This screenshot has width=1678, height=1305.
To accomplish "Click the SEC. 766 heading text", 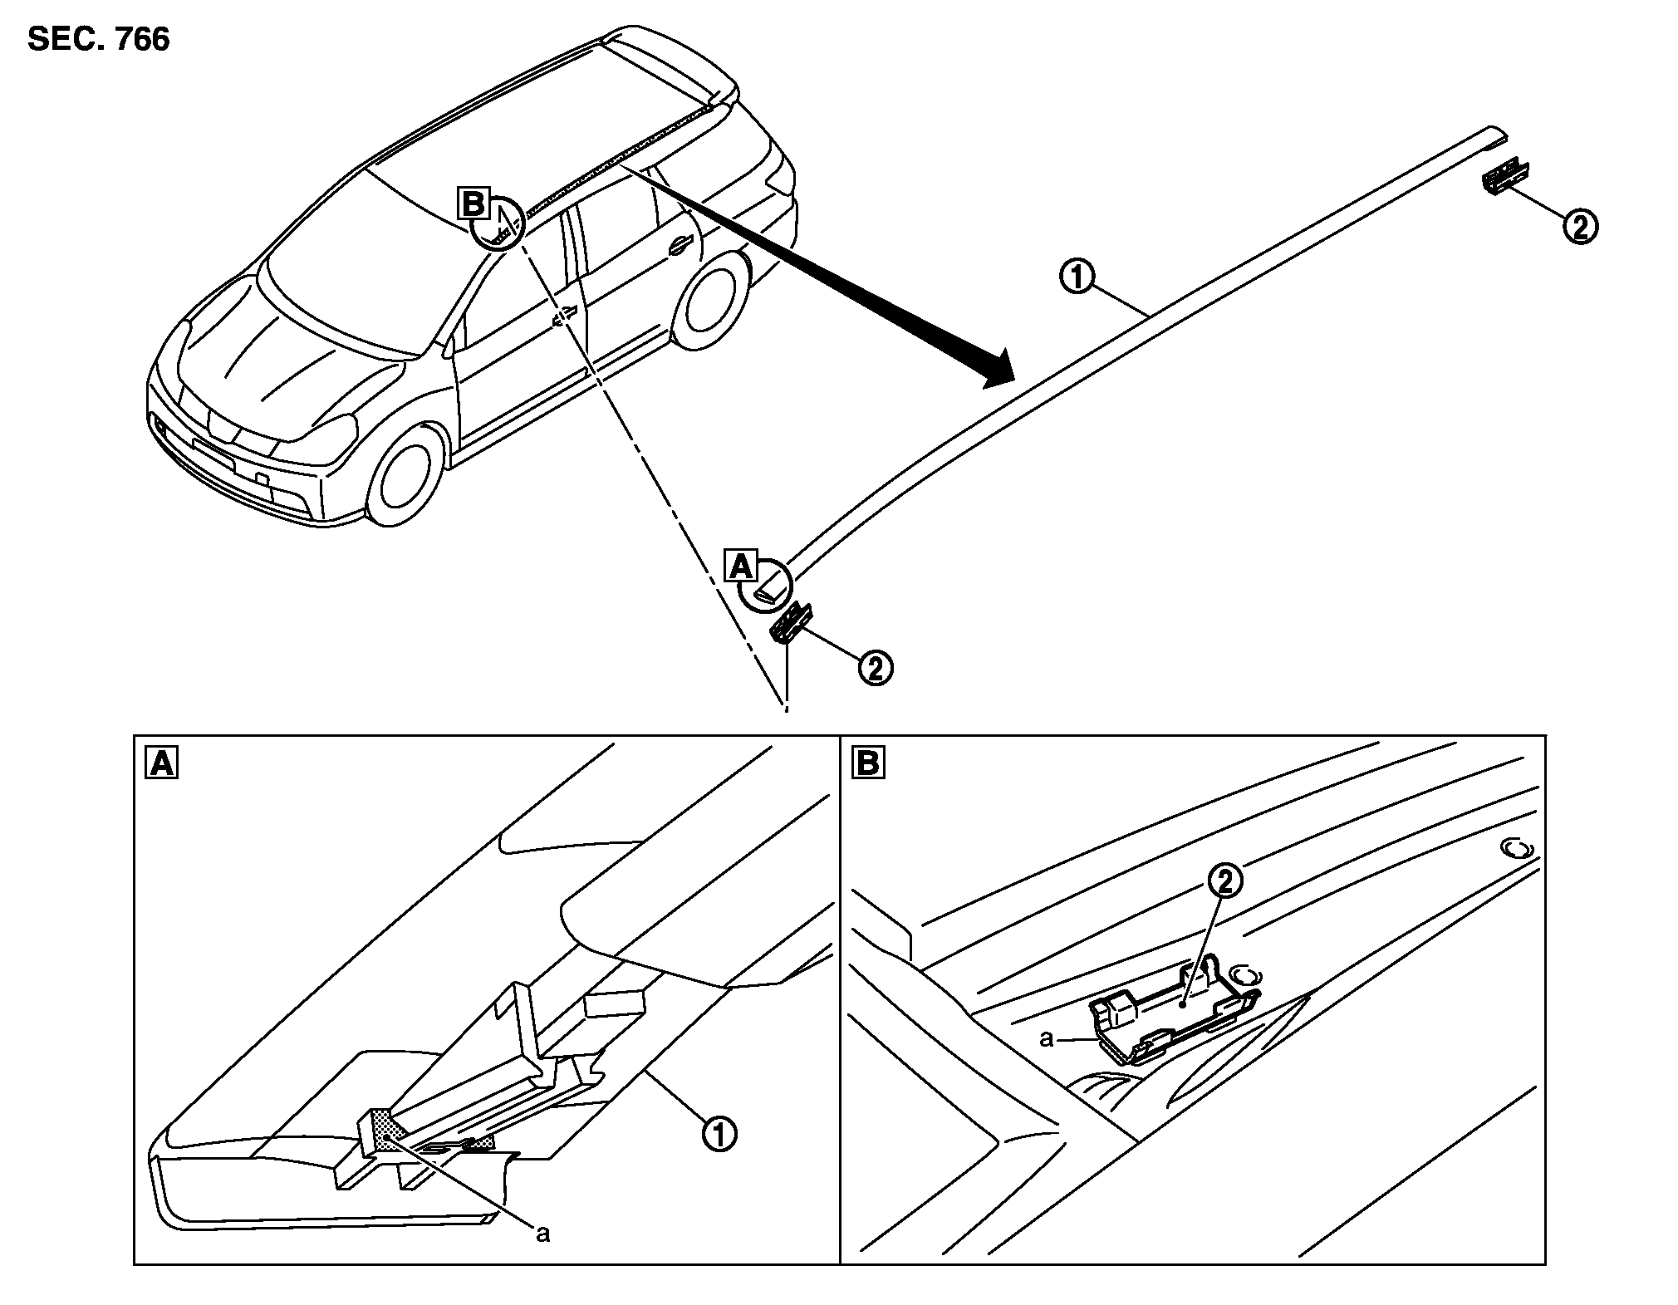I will tap(99, 39).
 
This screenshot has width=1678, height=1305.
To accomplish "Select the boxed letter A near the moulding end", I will tap(741, 567).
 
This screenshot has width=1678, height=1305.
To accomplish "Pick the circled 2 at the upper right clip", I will tap(1580, 226).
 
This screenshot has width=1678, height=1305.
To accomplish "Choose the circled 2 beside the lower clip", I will tap(876, 667).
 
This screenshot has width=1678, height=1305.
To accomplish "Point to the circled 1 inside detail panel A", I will tap(719, 1134).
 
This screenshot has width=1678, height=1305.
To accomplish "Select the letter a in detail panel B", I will tap(1047, 1038).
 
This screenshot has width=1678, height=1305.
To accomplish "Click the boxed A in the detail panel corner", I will tap(161, 763).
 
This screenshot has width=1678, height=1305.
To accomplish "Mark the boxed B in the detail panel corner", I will tap(868, 763).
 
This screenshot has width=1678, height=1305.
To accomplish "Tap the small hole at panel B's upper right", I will tap(1518, 849).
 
